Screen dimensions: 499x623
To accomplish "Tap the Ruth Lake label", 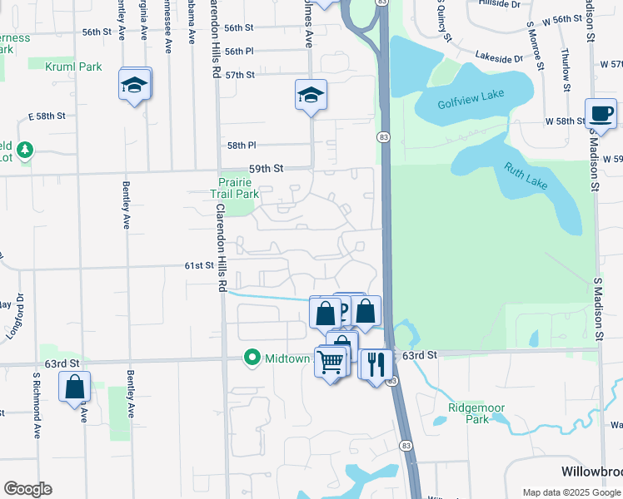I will tap(526, 176).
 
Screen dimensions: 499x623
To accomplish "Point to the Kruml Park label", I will tap(73, 66).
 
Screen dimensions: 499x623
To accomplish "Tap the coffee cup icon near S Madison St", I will tap(601, 113).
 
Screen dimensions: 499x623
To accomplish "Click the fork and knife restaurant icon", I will tap(376, 363).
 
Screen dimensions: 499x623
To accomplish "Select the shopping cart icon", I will tap(331, 362).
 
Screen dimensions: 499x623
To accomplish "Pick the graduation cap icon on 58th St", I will tap(311, 95).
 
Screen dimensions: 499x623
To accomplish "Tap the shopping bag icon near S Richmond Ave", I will tap(74, 387).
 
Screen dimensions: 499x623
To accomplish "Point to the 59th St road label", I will tap(267, 168).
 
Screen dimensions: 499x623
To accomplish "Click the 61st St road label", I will tap(200, 265).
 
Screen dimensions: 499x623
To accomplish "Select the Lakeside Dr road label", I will tap(499, 57).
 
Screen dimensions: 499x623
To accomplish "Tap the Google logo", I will tap(27, 489).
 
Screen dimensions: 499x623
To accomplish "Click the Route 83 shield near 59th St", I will tap(383, 136).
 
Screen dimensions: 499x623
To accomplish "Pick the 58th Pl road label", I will tap(242, 145).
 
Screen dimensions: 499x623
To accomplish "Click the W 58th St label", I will tap(566, 121).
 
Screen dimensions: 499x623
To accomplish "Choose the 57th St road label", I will tap(239, 75).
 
